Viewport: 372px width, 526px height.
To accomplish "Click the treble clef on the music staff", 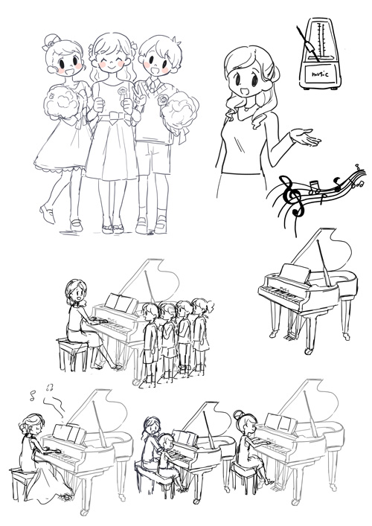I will [299, 199].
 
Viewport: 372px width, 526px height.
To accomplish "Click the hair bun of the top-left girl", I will [54, 38].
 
